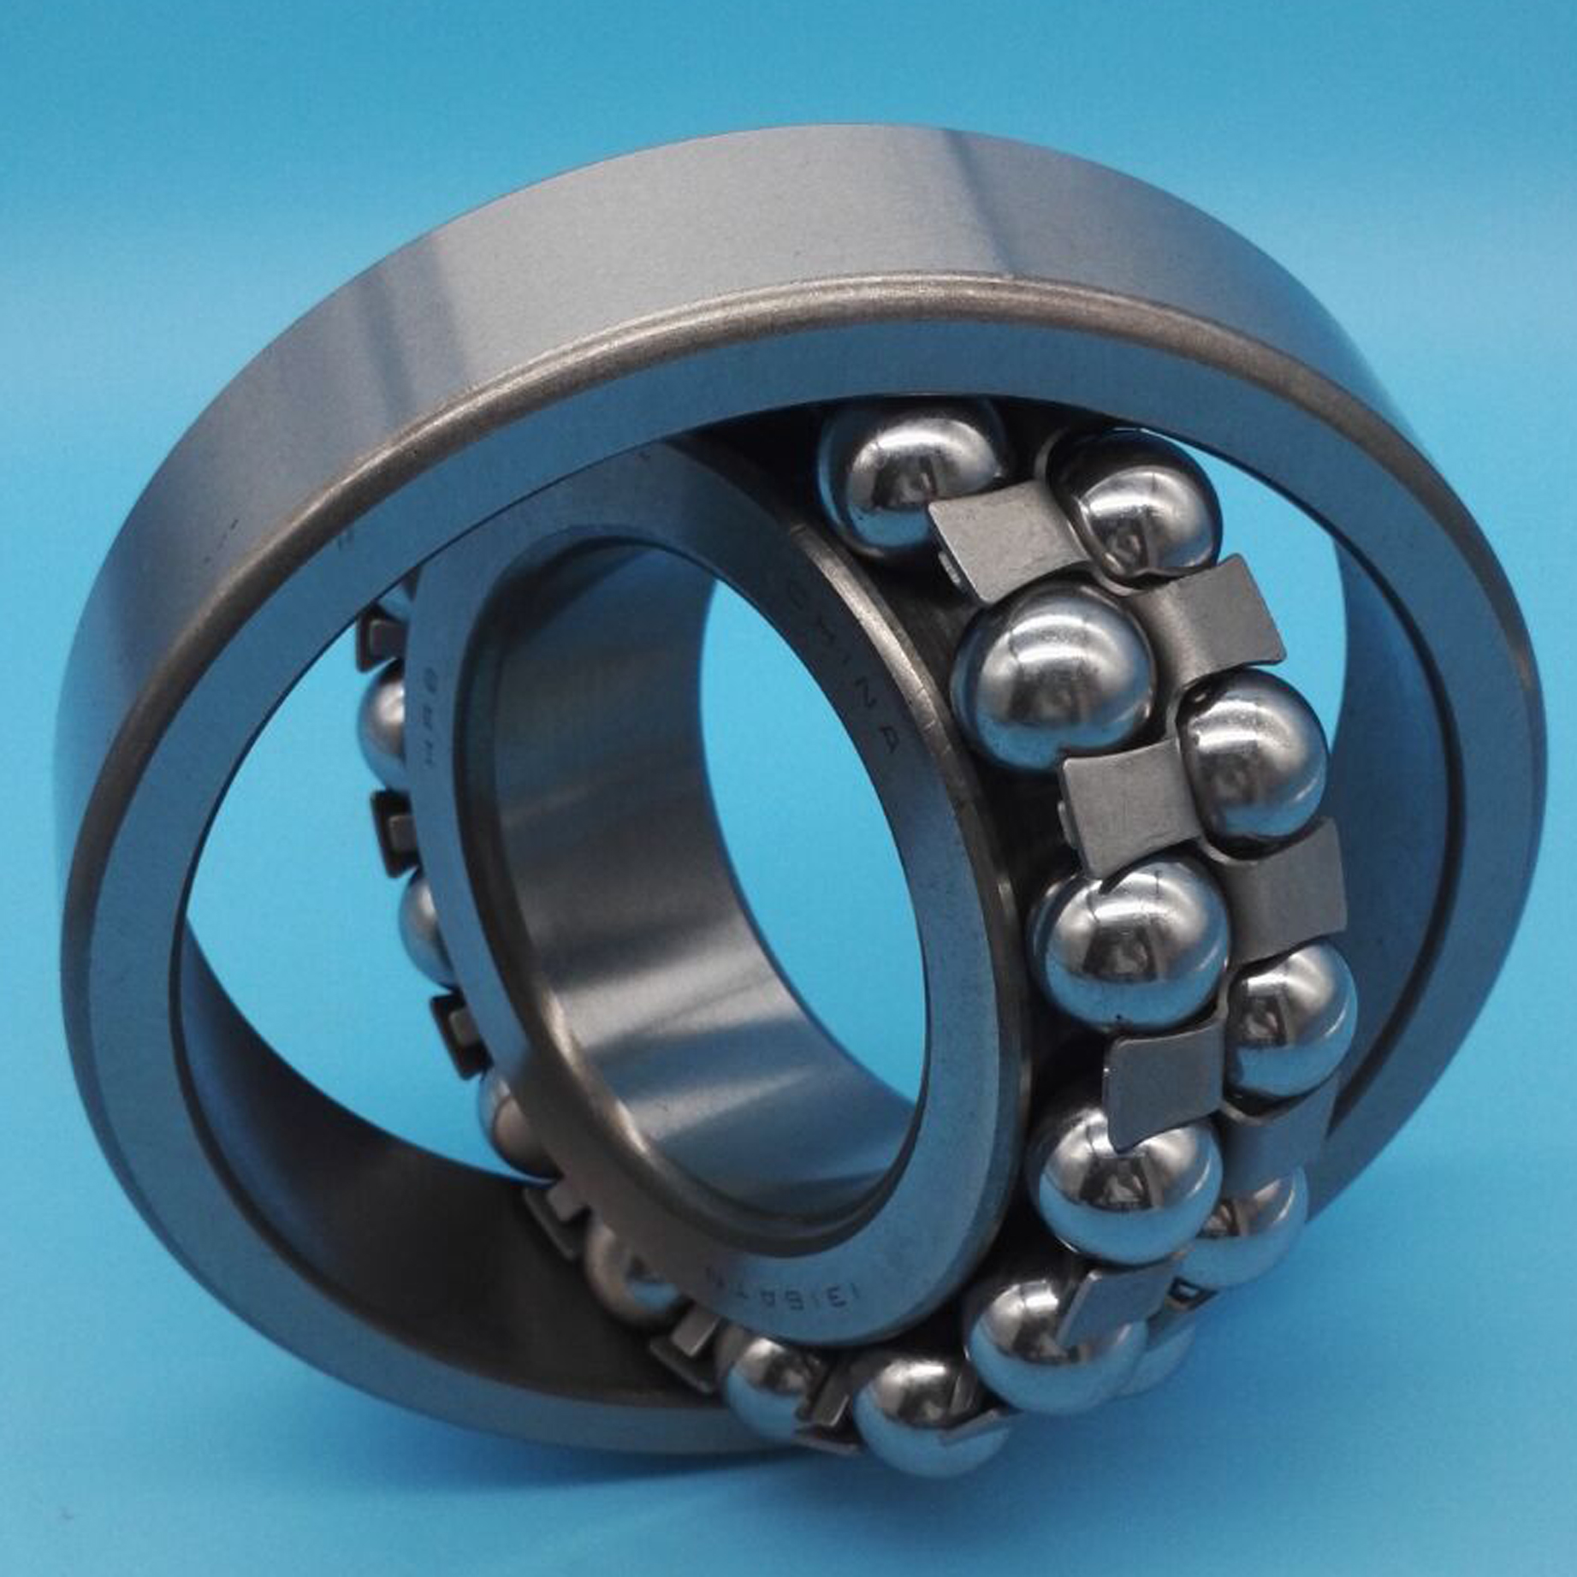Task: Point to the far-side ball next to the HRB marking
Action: click(x=385, y=714)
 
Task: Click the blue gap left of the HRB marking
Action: click(x=282, y=770)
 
